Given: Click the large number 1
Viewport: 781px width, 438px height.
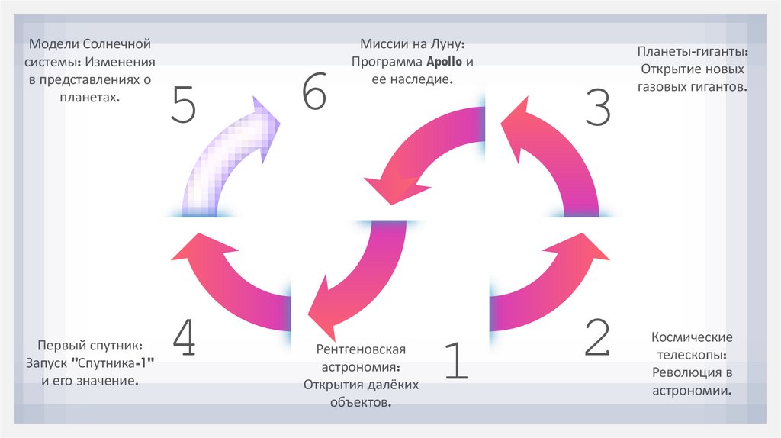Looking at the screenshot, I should tap(455, 360).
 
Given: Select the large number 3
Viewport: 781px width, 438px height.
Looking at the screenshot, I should tap(598, 106).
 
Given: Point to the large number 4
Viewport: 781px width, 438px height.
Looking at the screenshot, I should tap(184, 337).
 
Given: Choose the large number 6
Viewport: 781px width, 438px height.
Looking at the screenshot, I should tap(313, 95).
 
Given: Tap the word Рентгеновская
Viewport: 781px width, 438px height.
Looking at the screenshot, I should tap(361, 349).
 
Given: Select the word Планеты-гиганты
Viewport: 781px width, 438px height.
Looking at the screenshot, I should tap(692, 53).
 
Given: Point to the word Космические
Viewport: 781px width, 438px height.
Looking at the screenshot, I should tap(692, 337).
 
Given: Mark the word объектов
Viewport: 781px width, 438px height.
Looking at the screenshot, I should tap(361, 401).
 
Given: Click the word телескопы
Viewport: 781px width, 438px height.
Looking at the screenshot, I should tap(692, 356).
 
